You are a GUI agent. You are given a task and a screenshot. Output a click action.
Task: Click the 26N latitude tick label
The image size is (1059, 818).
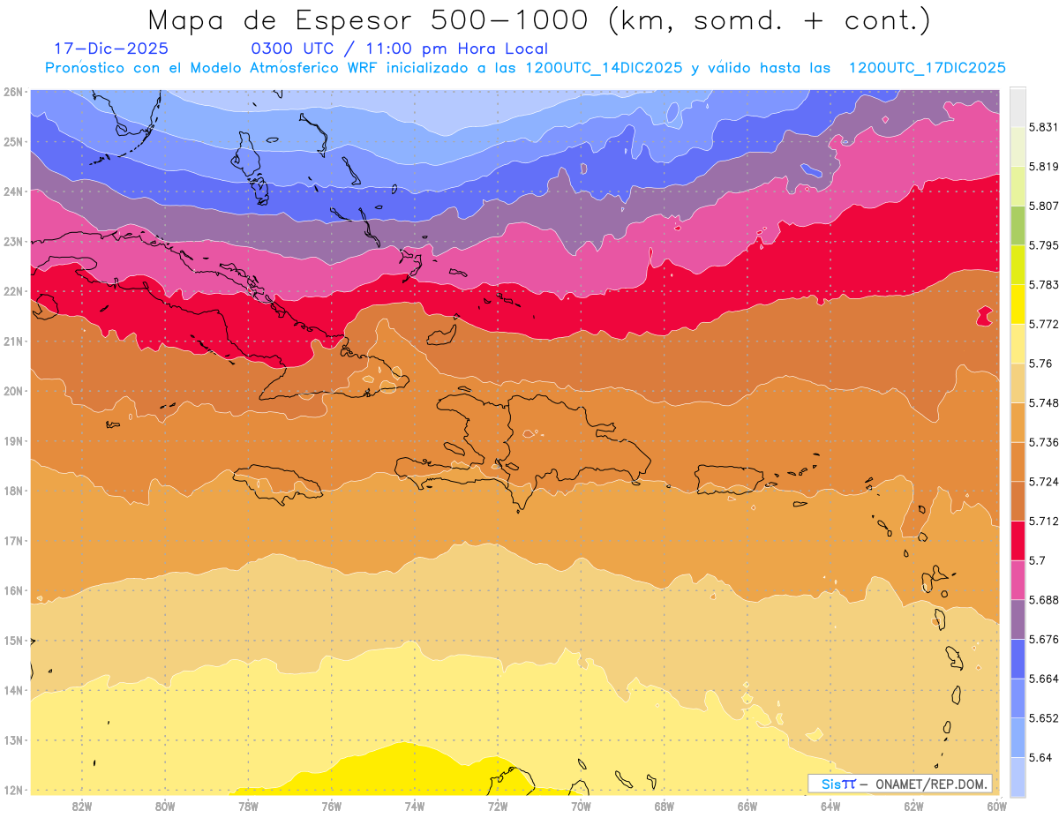[12, 92]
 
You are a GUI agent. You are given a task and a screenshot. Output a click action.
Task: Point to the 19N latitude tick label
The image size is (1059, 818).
[12, 441]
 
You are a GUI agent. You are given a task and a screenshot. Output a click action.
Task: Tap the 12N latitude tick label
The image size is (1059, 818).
[12, 790]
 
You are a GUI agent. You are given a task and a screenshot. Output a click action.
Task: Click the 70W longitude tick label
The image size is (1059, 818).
[581, 806]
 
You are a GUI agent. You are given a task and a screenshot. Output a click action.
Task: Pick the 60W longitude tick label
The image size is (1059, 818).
[996, 806]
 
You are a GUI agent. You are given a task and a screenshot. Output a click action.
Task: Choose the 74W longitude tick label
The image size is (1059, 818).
[414, 806]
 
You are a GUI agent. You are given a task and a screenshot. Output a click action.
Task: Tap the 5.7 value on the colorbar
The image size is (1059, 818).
[1037, 560]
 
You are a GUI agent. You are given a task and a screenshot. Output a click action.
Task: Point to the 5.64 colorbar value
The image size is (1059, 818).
[1040, 757]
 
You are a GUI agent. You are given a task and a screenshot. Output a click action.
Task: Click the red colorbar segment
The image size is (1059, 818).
[1018, 540]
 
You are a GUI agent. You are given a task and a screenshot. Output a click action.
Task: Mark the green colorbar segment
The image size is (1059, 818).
[1018, 225]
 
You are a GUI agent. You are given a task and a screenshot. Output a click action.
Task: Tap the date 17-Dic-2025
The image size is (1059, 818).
[111, 49]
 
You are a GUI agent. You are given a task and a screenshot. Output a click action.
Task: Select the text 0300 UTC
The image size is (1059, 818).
[292, 49]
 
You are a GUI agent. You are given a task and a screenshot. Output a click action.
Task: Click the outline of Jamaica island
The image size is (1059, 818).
[276, 483]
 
